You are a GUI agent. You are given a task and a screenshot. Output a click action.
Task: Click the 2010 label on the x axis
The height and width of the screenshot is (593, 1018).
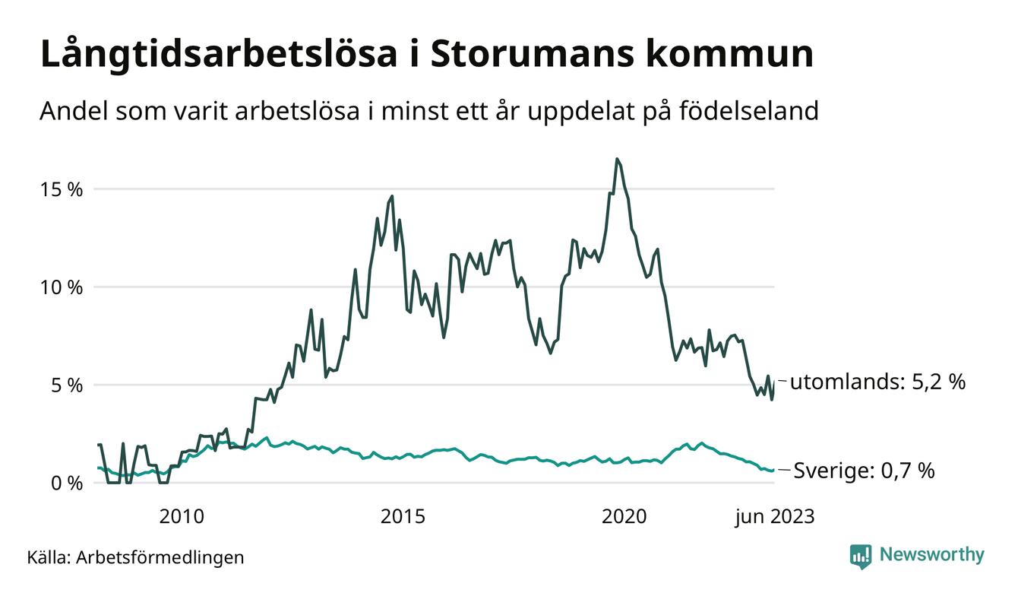point(182,517)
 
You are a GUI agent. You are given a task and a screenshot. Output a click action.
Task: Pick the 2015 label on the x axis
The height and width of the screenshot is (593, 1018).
point(403,517)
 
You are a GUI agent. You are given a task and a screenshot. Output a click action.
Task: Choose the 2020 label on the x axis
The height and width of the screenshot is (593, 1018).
point(624,517)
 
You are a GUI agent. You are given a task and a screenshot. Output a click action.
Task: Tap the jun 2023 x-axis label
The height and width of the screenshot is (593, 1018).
point(774,517)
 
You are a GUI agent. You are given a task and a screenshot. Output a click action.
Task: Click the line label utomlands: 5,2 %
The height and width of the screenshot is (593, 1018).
point(877,382)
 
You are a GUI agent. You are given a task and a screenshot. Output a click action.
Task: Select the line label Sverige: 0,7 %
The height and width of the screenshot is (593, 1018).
point(864,471)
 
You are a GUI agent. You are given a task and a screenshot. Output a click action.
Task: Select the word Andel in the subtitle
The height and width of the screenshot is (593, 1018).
point(74,111)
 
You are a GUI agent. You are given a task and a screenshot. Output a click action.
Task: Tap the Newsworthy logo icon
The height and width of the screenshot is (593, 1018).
point(861,556)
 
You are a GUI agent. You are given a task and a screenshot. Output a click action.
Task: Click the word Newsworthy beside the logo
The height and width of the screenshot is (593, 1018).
point(931,555)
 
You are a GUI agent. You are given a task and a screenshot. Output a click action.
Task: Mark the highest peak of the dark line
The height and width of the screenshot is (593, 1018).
point(617,159)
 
